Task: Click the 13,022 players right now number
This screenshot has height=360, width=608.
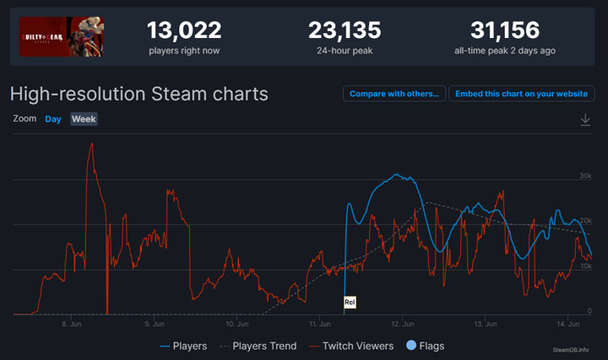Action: (184, 30)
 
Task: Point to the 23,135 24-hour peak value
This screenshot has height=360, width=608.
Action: (345, 30)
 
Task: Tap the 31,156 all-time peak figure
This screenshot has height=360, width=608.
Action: (505, 30)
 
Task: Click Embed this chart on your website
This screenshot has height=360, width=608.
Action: (521, 93)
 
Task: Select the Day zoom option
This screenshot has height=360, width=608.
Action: (53, 119)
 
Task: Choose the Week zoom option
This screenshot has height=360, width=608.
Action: (84, 119)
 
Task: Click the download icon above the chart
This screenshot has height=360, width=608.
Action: (585, 120)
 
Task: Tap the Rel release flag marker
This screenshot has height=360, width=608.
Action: (350, 302)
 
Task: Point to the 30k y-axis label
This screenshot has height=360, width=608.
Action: (584, 176)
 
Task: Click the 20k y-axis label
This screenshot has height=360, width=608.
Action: (584, 221)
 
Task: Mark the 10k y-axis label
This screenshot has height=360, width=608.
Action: (584, 266)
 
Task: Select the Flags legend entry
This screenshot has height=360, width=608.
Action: (426, 346)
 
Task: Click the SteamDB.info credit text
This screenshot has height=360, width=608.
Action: (572, 348)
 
